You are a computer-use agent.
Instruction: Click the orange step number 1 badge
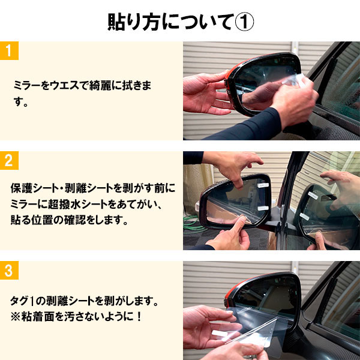point(9,50)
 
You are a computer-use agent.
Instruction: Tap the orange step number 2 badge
point(9,160)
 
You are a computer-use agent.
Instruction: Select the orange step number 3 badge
point(9,271)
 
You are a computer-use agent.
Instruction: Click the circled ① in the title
point(242,21)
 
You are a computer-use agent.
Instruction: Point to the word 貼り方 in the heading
point(127,21)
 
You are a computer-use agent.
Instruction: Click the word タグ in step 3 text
point(21,298)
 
